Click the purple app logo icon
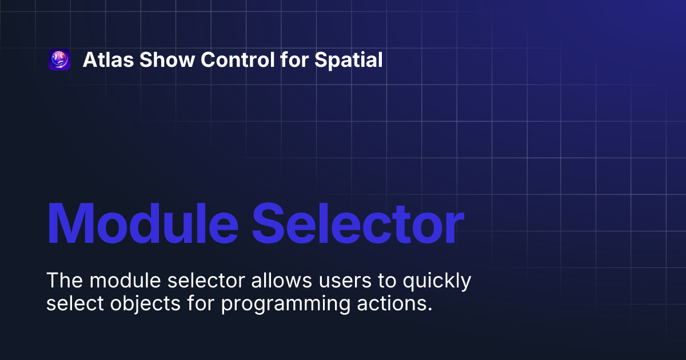pyautogui.click(x=59, y=60)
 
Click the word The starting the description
pyautogui.click(x=64, y=281)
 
